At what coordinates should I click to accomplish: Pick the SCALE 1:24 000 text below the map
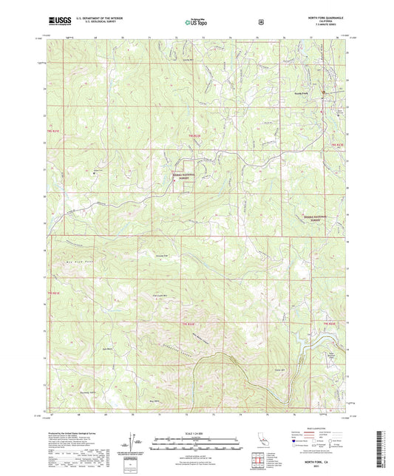click(196, 432)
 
